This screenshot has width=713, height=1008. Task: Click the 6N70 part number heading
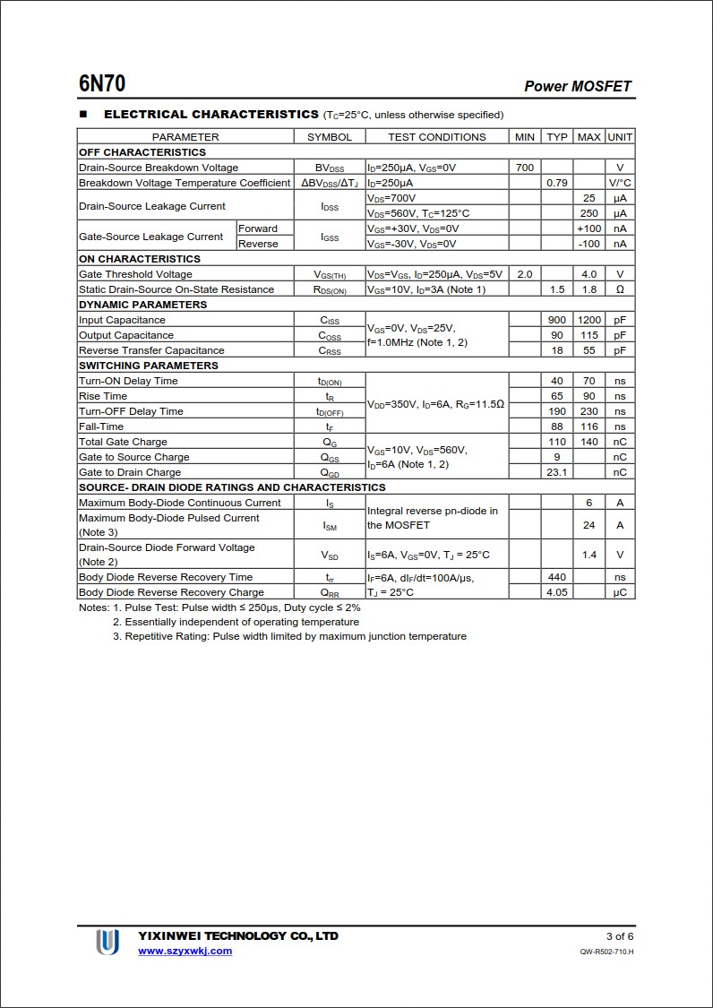click(102, 84)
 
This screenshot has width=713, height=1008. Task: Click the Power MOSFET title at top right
click(578, 86)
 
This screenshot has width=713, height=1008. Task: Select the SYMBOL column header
click(330, 137)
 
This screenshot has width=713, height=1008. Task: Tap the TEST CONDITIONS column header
click(436, 137)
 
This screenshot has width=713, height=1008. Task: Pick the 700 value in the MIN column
click(524, 168)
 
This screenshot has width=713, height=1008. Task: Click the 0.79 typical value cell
click(556, 183)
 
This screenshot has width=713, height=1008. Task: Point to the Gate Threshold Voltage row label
click(135, 274)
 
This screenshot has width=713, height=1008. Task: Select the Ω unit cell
click(619, 289)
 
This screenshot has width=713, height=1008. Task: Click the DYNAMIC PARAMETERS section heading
click(142, 305)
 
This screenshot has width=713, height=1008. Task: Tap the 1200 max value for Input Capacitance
click(588, 320)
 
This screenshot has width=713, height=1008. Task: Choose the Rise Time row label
click(103, 396)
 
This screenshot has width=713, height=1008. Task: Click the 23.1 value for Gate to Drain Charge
click(556, 472)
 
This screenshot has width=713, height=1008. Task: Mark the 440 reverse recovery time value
click(556, 577)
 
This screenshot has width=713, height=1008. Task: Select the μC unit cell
click(619, 592)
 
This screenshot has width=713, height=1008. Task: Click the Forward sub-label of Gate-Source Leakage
click(257, 228)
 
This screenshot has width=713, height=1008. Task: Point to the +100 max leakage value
click(588, 228)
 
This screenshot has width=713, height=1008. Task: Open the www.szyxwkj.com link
click(185, 951)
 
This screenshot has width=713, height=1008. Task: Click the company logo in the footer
click(107, 942)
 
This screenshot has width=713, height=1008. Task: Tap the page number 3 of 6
click(620, 936)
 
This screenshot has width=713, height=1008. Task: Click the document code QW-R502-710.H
click(606, 952)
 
